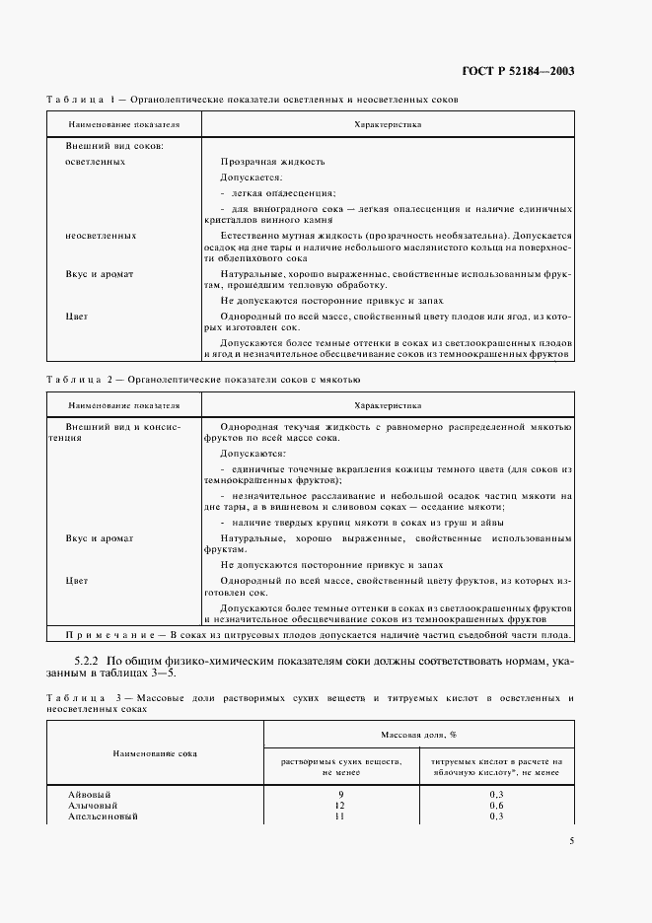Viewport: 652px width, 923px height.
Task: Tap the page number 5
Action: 572,841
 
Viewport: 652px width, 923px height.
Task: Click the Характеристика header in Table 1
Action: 387,125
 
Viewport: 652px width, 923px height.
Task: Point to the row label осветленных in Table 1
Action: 95,161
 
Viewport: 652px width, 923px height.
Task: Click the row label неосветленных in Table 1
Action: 100,237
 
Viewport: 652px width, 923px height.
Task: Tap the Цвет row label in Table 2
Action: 77,581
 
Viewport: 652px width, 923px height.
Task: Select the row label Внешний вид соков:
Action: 113,145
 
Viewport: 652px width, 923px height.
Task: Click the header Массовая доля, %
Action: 418,736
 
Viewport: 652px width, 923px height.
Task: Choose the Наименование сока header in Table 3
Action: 155,753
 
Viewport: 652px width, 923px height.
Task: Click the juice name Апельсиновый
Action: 102,816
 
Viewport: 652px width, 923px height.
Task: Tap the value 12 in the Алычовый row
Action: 340,805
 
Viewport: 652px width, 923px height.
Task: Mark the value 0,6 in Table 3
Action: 496,805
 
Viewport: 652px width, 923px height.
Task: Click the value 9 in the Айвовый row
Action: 340,794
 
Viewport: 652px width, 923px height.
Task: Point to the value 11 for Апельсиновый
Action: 340,816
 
